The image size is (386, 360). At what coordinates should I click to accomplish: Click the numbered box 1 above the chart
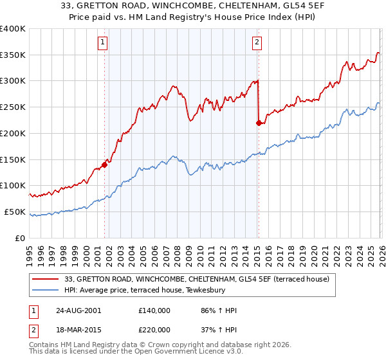click(x=103, y=43)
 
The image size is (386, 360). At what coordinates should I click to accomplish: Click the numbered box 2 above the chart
click(x=257, y=43)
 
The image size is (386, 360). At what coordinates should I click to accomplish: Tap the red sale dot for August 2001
click(x=104, y=165)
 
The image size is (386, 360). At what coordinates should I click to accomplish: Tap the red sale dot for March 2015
click(x=259, y=123)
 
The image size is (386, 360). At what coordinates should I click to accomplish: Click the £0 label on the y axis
click(x=21, y=238)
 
